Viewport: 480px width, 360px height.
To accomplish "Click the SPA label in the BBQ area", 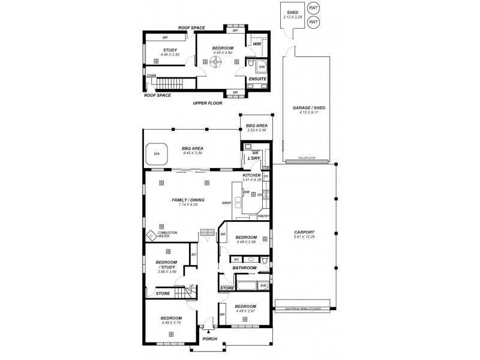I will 157,154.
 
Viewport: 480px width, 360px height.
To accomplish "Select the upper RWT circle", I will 313,8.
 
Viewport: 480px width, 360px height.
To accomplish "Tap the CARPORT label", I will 305,232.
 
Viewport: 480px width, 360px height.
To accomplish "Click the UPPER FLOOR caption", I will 208,103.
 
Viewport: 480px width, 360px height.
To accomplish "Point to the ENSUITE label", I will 257,79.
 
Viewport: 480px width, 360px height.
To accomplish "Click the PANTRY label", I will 264,216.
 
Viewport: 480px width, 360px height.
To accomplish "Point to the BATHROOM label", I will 245,268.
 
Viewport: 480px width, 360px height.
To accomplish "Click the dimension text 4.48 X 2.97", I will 246,311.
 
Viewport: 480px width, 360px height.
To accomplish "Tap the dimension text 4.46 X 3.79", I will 171,323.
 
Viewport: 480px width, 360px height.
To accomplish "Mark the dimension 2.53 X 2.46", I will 256,130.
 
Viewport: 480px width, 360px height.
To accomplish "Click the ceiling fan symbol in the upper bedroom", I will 215,62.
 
